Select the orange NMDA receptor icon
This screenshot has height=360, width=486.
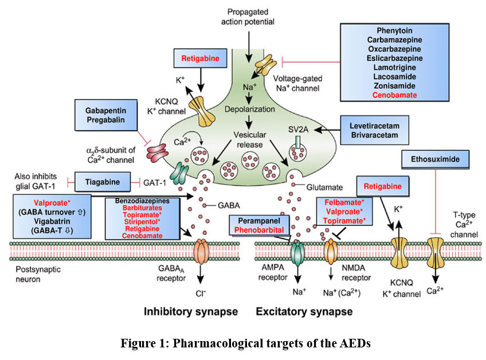[x=332, y=251]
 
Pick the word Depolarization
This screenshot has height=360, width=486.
[x=248, y=109]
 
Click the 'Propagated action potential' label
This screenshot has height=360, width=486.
[x=248, y=17]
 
